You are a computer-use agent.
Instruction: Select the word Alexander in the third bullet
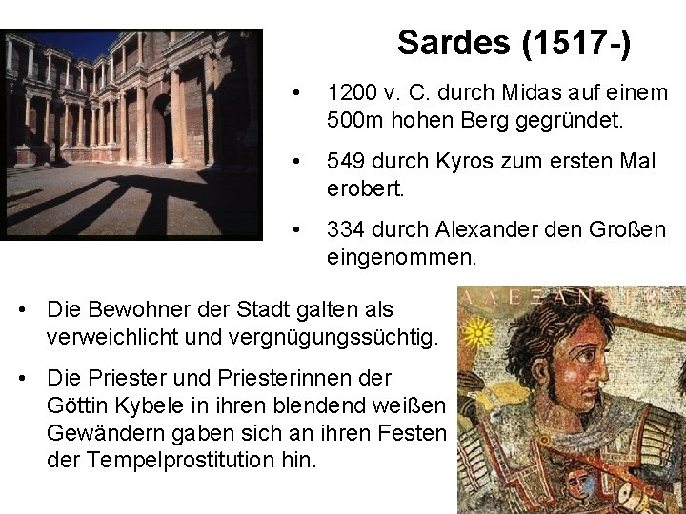479,229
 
